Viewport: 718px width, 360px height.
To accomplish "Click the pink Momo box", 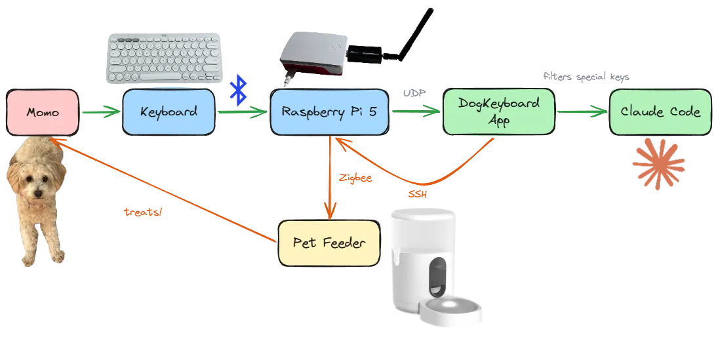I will [43, 113].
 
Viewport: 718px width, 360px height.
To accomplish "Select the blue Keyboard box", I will [169, 112].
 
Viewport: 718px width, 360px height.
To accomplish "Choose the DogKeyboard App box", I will [498, 111].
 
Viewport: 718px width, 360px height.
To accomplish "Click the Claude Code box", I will [660, 112].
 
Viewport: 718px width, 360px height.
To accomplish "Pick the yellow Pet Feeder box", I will [329, 243].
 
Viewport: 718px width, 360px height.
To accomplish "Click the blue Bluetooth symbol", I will [241, 90].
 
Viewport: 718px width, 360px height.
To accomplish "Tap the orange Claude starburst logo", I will [659, 164].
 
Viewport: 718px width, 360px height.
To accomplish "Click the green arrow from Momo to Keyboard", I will [102, 113].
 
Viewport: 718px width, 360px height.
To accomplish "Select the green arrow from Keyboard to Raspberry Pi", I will [243, 113].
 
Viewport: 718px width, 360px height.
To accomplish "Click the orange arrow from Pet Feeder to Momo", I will [164, 190].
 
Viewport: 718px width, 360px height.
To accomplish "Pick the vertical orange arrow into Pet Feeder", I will [329, 177].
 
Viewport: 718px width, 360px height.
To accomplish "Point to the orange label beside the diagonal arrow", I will [143, 212].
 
